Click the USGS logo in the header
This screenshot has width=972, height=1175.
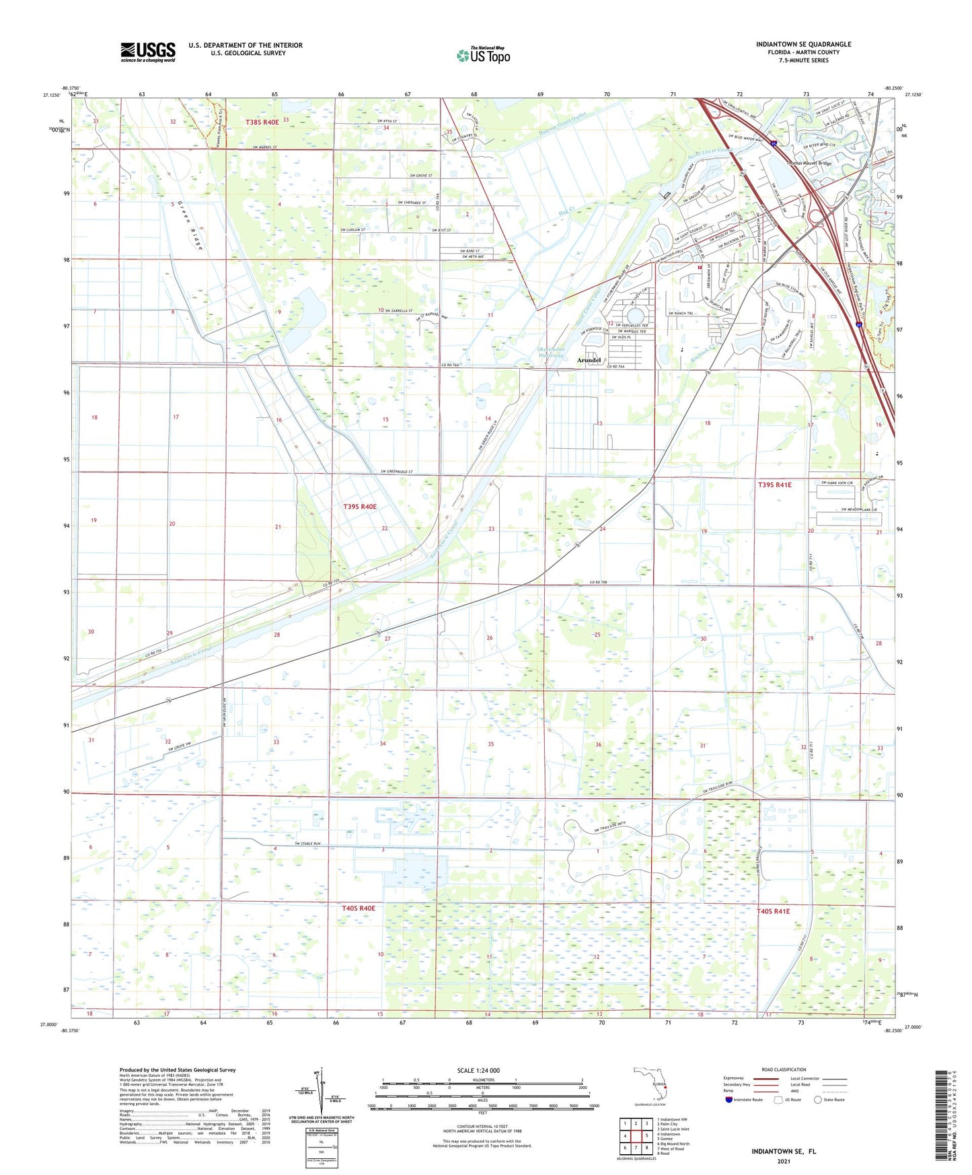(148, 51)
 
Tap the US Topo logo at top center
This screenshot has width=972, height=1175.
(482, 55)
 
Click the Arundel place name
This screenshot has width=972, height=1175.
(589, 360)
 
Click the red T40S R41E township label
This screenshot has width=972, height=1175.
(773, 911)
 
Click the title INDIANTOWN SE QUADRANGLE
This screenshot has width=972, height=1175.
(803, 44)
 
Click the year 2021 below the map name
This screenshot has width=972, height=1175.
(784, 1162)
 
